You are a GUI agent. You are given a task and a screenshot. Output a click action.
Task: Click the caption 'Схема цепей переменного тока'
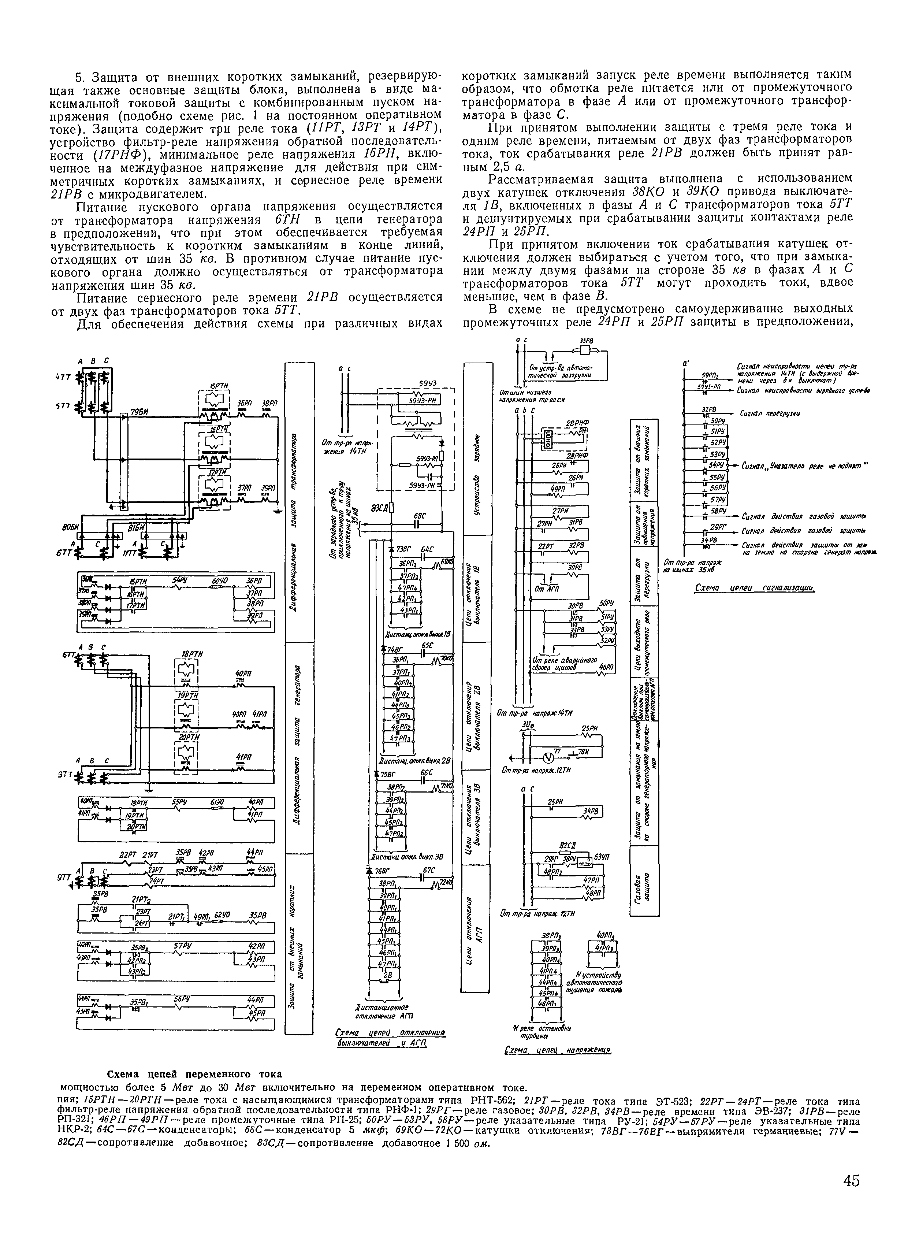click(194, 1074)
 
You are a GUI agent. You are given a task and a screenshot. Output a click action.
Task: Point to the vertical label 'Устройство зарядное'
click(476, 448)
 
